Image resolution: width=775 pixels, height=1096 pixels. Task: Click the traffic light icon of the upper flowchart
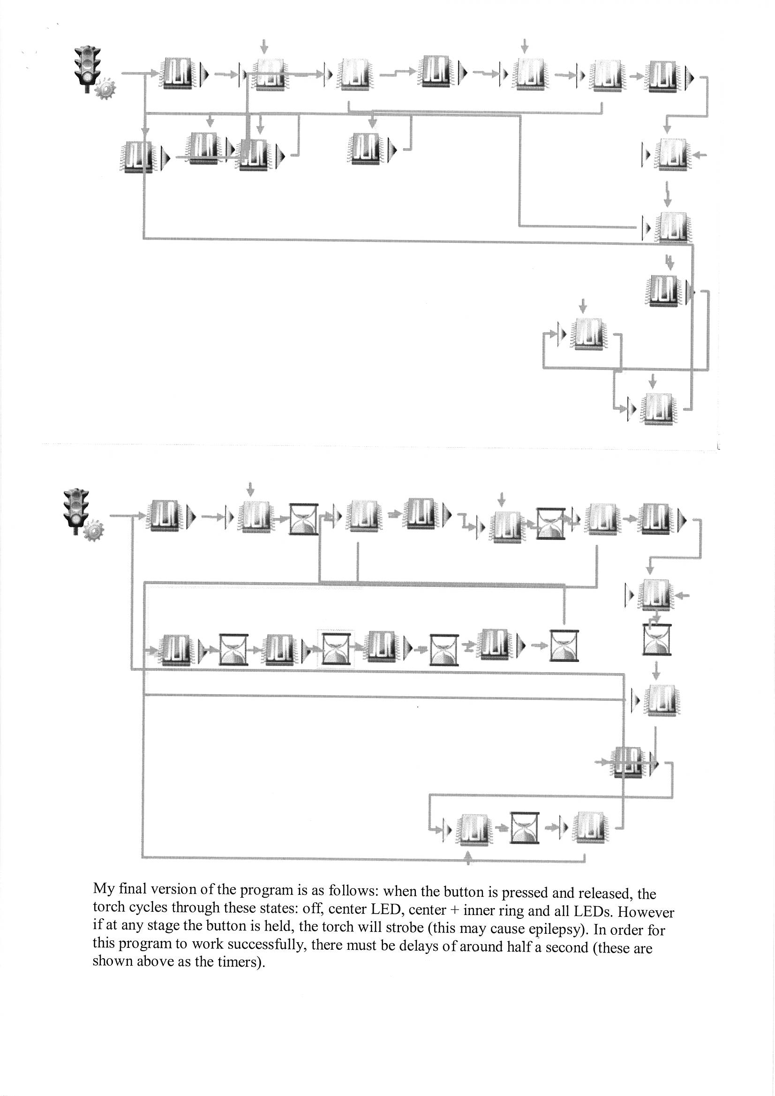(x=86, y=68)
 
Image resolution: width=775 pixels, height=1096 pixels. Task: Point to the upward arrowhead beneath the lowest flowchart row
(x=468, y=858)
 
